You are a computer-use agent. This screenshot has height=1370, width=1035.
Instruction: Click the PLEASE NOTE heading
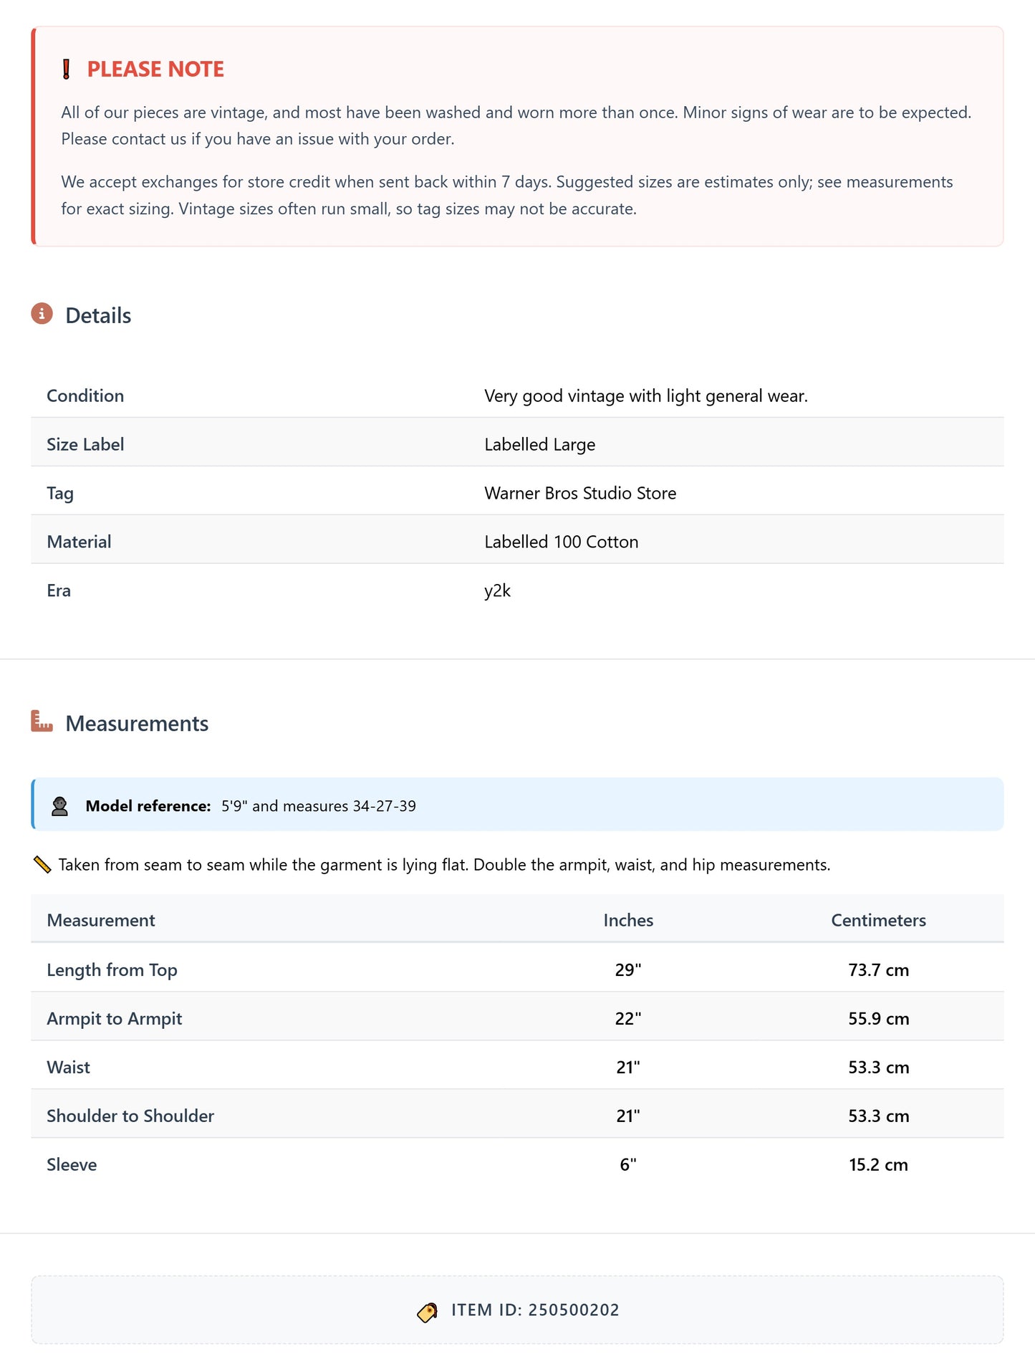click(155, 69)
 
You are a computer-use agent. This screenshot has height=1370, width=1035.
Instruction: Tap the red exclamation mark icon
click(66, 69)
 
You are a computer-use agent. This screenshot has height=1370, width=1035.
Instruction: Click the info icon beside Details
click(42, 314)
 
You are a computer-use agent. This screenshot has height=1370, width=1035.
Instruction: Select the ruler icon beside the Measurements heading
click(42, 721)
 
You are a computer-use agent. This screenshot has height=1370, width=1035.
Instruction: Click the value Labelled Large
click(539, 444)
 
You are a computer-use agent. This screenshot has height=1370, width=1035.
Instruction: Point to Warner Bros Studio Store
click(579, 493)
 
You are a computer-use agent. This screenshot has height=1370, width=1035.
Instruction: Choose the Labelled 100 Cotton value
click(561, 542)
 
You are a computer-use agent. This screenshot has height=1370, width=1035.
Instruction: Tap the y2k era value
click(497, 590)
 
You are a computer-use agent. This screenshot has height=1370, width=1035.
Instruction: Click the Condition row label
click(85, 396)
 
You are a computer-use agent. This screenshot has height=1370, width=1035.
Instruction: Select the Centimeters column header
click(878, 920)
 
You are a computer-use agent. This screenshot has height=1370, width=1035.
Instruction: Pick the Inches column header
click(628, 920)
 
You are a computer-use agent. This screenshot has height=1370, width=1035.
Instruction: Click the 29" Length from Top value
click(628, 969)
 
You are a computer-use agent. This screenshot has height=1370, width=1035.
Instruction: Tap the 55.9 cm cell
click(878, 1018)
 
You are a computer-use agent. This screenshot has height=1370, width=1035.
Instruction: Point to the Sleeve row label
click(72, 1164)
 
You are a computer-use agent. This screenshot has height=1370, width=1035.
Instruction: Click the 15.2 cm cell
click(878, 1164)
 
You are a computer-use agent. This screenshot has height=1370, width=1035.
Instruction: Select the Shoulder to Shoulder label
click(130, 1116)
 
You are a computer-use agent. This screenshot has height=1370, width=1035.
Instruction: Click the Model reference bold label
click(148, 806)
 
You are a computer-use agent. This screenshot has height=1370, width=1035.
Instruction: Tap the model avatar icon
click(59, 806)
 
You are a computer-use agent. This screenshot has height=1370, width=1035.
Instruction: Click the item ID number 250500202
click(574, 1310)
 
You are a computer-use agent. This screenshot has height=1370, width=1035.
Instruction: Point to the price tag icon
click(427, 1311)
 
